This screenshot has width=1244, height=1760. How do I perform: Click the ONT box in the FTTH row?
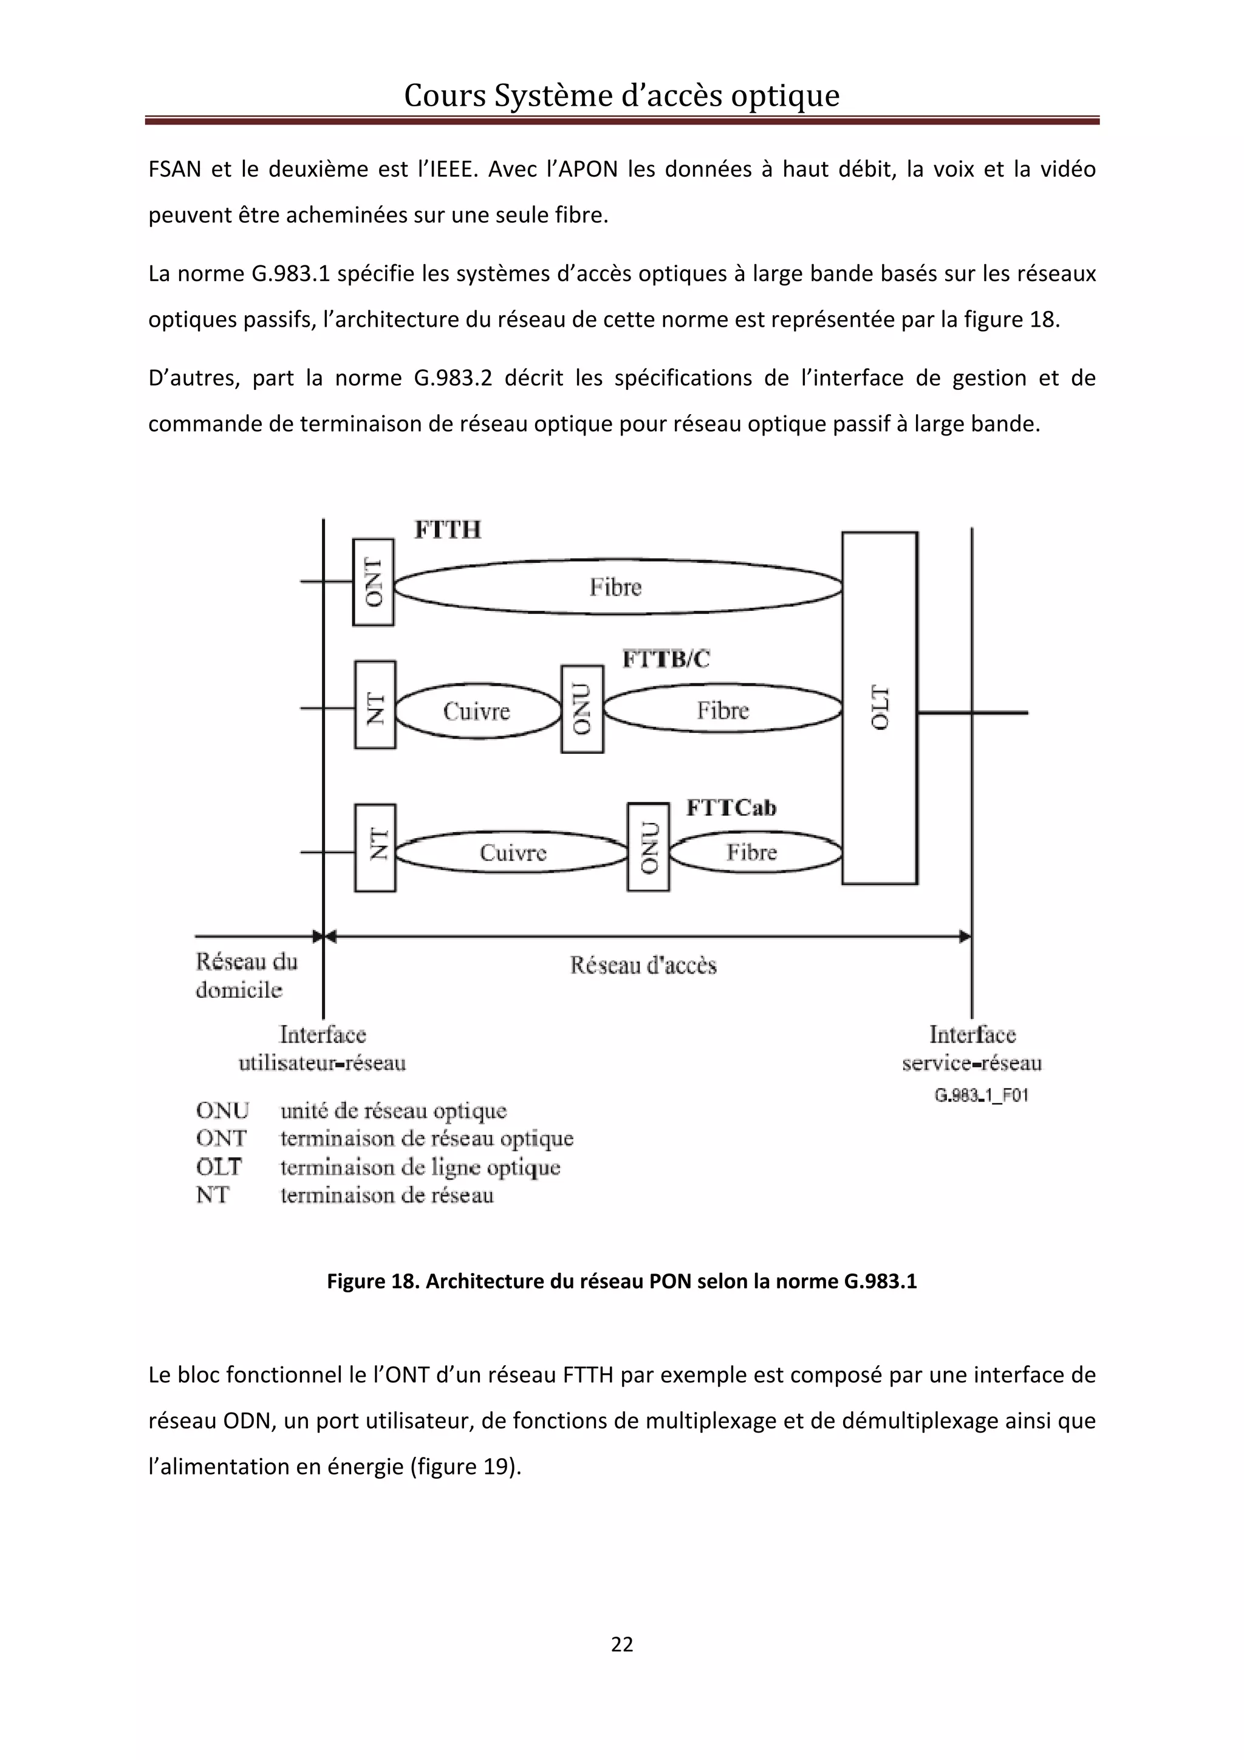tap(374, 582)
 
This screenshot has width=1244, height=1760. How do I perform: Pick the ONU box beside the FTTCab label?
tap(648, 847)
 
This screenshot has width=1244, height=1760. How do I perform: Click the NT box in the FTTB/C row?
tap(375, 704)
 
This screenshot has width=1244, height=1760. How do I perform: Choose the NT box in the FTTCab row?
tap(375, 847)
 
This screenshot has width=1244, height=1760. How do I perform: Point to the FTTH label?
tap(448, 530)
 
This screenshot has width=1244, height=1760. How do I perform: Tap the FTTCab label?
tap(731, 807)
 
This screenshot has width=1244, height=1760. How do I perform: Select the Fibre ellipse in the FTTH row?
tap(617, 587)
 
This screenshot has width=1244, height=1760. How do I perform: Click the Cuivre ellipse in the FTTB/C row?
tap(477, 711)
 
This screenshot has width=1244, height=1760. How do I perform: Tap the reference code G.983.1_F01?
tap(981, 1096)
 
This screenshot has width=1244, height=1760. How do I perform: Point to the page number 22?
tap(621, 1643)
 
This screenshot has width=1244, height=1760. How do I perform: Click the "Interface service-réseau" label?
tap(972, 1048)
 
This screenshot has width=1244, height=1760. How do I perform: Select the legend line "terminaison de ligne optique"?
tap(420, 1167)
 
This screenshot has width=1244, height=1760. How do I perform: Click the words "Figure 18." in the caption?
tap(374, 1281)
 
